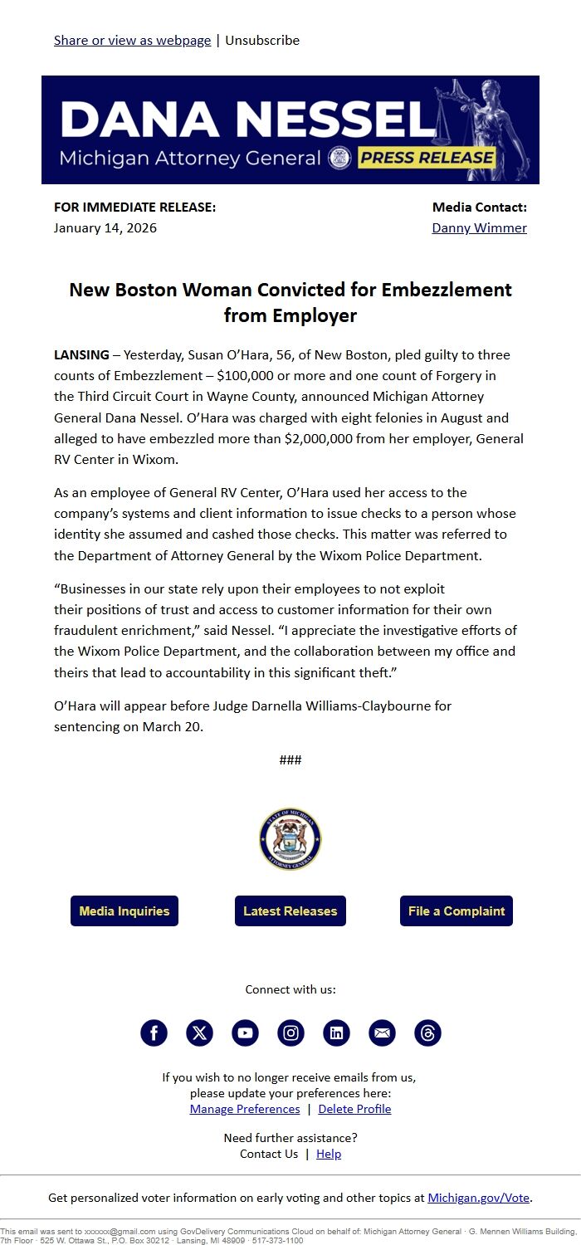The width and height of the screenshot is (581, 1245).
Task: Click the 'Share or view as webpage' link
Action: coord(132,40)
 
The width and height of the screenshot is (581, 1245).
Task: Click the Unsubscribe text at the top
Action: coord(262,40)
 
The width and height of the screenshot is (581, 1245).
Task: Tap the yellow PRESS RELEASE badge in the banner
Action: coord(427,158)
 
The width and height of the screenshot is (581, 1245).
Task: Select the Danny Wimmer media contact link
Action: coord(479,227)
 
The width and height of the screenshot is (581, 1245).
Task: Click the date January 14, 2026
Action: coord(105,227)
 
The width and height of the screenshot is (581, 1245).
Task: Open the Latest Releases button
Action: coord(290,911)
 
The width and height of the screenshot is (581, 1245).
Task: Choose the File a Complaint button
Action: coord(456,911)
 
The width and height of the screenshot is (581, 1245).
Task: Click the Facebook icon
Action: coord(154,1033)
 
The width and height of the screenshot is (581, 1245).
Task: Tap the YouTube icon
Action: coord(245,1033)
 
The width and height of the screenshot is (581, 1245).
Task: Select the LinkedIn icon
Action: coord(336,1033)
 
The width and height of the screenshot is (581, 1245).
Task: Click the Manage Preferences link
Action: coord(245,1109)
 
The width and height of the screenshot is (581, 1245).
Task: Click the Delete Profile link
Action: coord(354,1109)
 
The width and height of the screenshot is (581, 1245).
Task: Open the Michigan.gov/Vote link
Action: coord(478,1198)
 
